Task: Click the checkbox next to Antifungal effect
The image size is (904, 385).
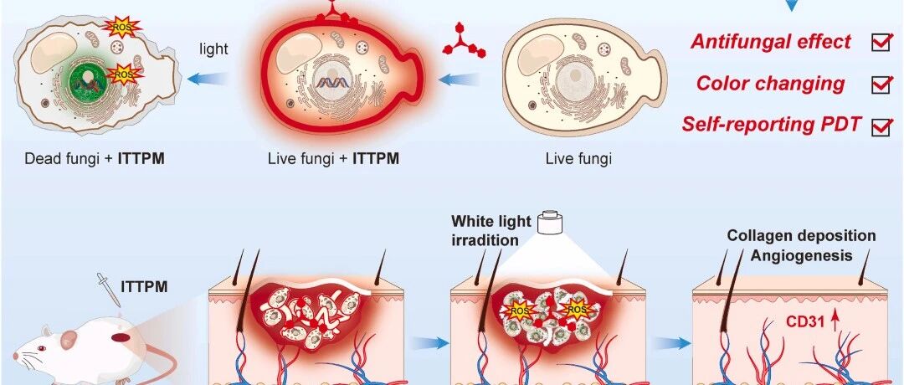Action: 881,44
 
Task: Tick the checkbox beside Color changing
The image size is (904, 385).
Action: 881,85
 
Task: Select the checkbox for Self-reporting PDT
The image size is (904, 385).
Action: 881,126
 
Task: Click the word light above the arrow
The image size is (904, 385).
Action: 214,49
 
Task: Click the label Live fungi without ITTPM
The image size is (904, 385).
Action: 578,158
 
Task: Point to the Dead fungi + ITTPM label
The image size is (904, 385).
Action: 95,158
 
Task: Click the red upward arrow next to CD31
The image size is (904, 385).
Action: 833,320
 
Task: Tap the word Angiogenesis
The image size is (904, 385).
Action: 801,254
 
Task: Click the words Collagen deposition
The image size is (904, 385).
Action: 801,235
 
